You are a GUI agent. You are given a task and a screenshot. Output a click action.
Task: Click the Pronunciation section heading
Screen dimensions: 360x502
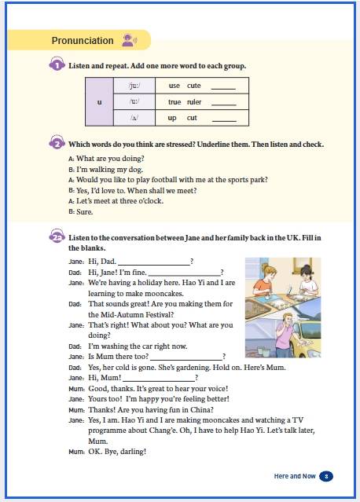[83, 41]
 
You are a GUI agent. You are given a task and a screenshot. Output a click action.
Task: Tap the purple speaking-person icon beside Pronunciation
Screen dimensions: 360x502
[130, 40]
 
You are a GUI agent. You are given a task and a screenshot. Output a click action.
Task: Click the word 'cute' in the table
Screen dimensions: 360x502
[194, 86]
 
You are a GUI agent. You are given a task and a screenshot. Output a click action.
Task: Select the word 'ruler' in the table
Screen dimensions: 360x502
[194, 102]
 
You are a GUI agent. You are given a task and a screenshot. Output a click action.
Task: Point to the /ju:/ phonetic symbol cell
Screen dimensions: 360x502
[134, 86]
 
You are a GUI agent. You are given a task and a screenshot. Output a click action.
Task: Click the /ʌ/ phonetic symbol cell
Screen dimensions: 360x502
[134, 118]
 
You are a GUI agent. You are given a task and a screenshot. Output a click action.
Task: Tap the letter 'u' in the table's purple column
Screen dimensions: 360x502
[99, 102]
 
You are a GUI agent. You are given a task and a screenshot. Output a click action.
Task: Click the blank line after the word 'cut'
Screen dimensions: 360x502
[224, 121]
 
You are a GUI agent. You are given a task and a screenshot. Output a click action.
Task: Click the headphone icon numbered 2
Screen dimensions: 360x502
[57, 142]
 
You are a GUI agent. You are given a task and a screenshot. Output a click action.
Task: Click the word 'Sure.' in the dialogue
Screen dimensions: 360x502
[85, 211]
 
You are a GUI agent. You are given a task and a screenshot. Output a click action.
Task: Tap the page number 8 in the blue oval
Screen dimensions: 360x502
[326, 476]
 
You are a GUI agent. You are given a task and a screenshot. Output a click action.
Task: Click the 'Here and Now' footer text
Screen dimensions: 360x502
[295, 476]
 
